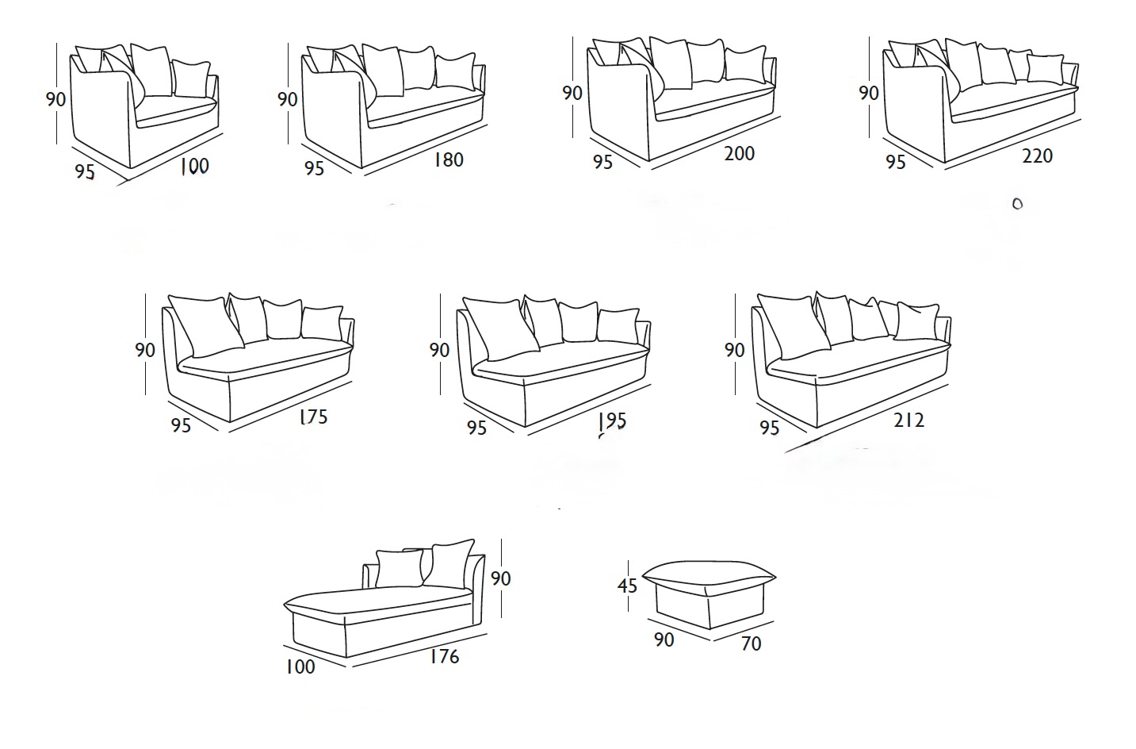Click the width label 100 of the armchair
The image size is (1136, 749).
(x=194, y=166)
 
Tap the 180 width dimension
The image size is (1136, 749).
(x=449, y=159)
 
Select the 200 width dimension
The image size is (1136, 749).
(x=740, y=153)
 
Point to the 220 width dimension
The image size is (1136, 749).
(x=1038, y=156)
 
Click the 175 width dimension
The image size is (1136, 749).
(x=313, y=417)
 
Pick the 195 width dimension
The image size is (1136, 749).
(x=612, y=420)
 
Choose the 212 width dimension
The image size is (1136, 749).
(x=908, y=421)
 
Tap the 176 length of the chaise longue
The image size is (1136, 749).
(x=444, y=657)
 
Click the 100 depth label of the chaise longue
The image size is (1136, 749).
(x=300, y=666)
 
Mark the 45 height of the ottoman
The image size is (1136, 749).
(x=627, y=586)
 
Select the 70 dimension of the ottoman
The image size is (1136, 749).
(x=751, y=643)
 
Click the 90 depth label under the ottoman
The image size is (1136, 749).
(x=664, y=640)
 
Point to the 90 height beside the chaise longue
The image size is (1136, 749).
(x=500, y=578)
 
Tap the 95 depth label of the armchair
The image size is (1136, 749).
(x=85, y=172)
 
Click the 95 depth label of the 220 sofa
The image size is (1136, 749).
(x=896, y=162)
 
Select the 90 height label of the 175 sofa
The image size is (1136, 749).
(x=145, y=350)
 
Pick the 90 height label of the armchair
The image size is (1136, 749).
(x=55, y=99)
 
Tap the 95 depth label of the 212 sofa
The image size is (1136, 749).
(x=769, y=428)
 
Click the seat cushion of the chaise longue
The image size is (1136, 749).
(x=381, y=604)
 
